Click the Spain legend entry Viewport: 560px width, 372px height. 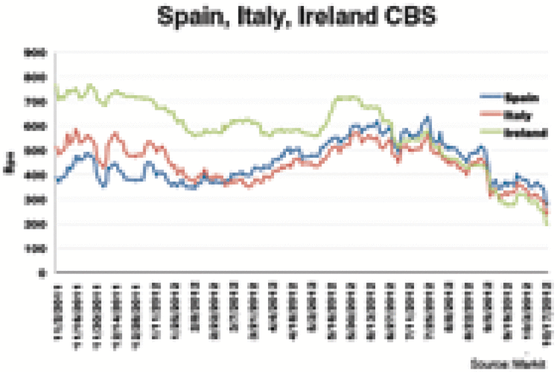pyautogui.click(x=521, y=98)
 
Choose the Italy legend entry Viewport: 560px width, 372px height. pyautogui.click(x=519, y=115)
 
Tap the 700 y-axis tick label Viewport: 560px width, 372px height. pyautogui.click(x=35, y=101)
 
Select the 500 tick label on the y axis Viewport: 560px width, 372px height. pyautogui.click(x=35, y=150)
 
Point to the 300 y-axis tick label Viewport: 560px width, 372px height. pyautogui.click(x=35, y=200)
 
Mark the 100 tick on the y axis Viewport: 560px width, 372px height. pyautogui.click(x=35, y=249)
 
